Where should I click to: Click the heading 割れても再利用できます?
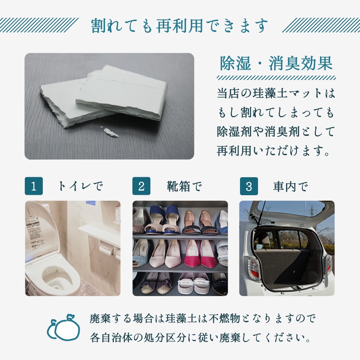179,26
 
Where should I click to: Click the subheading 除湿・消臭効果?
276,64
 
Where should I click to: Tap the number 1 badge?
34,186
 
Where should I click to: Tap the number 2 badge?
141,186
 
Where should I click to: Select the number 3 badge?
249,186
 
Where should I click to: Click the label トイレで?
80,186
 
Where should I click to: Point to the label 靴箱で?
184,186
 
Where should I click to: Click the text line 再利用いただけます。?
276,152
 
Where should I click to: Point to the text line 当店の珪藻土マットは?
276,94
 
